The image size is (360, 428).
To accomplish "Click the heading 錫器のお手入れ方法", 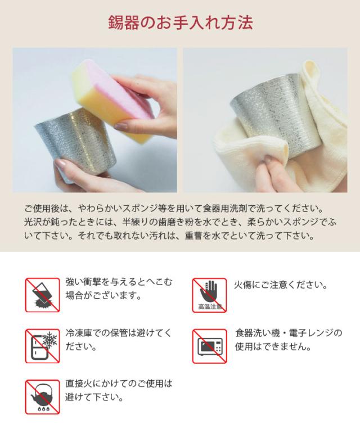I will [x=180, y=23].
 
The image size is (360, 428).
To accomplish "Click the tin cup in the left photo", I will [x=62, y=143].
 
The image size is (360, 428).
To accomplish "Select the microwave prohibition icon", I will [x=209, y=346].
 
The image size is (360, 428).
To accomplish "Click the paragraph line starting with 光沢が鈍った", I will [x=180, y=222].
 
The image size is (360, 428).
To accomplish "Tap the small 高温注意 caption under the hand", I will [x=209, y=307].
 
